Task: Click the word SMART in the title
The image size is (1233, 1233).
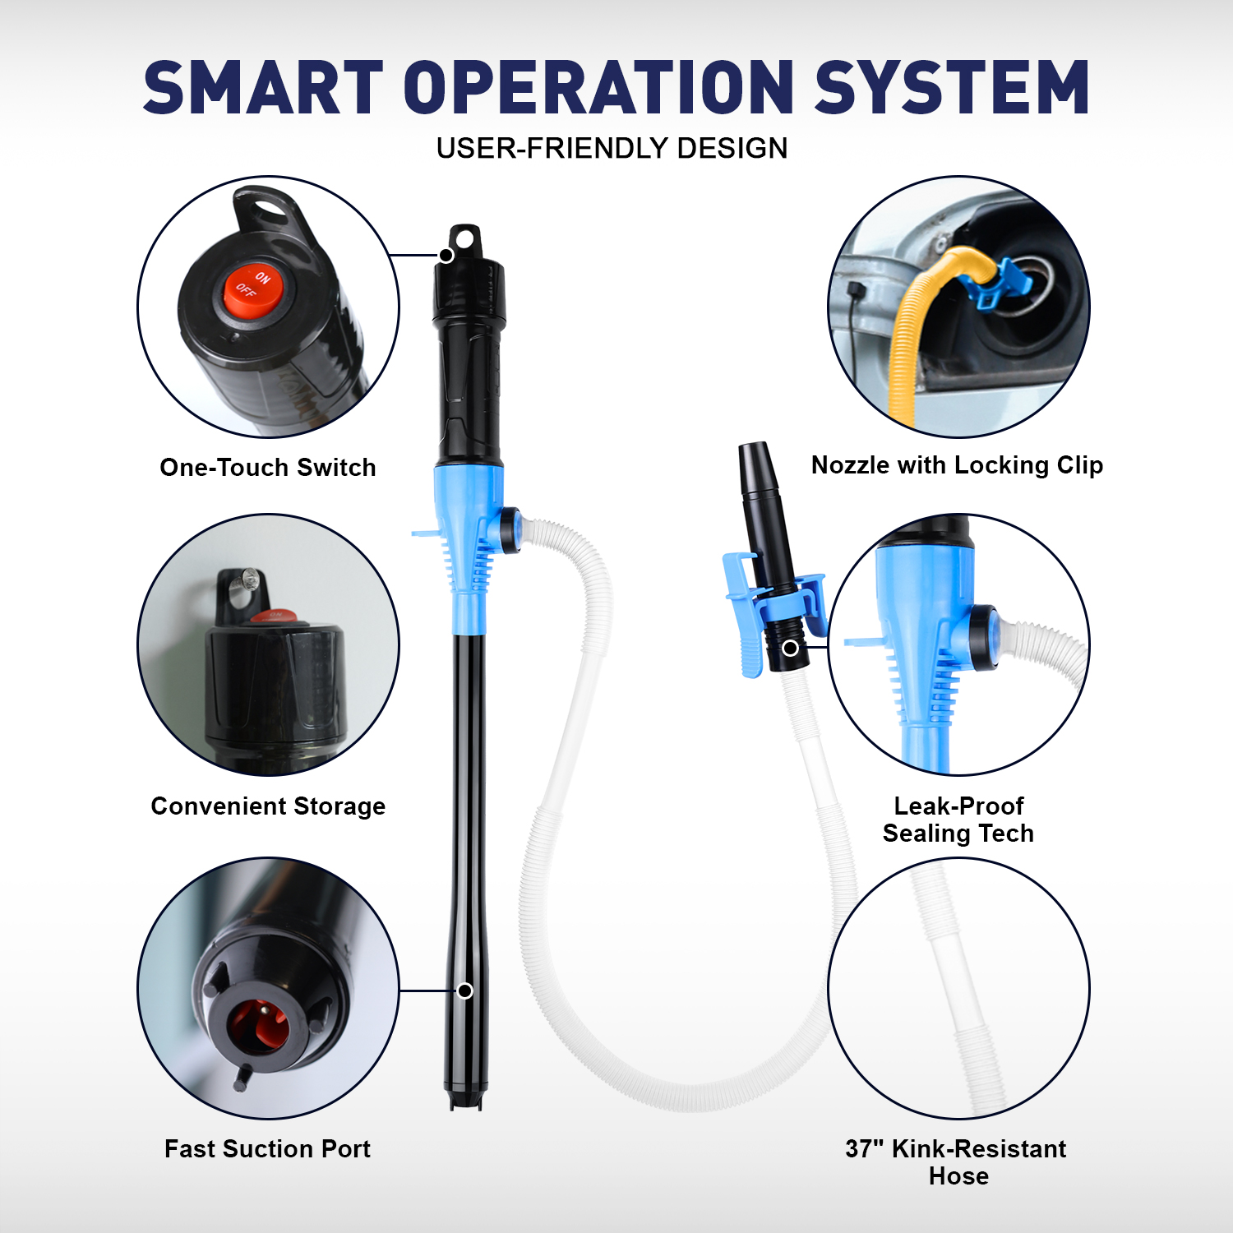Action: pos(263,87)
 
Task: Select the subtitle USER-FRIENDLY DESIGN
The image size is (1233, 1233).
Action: pos(612,149)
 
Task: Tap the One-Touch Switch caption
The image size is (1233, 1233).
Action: pos(267,467)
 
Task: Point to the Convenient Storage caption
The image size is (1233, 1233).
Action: pos(268,806)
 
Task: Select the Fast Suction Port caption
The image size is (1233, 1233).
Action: pos(267,1148)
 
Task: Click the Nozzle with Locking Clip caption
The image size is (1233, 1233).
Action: pos(957,465)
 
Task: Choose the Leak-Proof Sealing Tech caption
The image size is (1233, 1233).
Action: pos(958,820)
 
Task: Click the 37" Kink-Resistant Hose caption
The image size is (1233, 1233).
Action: pos(956,1161)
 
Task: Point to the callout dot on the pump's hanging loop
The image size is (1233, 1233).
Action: pos(446,256)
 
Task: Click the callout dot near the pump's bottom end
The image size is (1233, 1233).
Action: pos(465,991)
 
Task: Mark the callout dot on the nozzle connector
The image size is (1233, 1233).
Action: pos(790,648)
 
